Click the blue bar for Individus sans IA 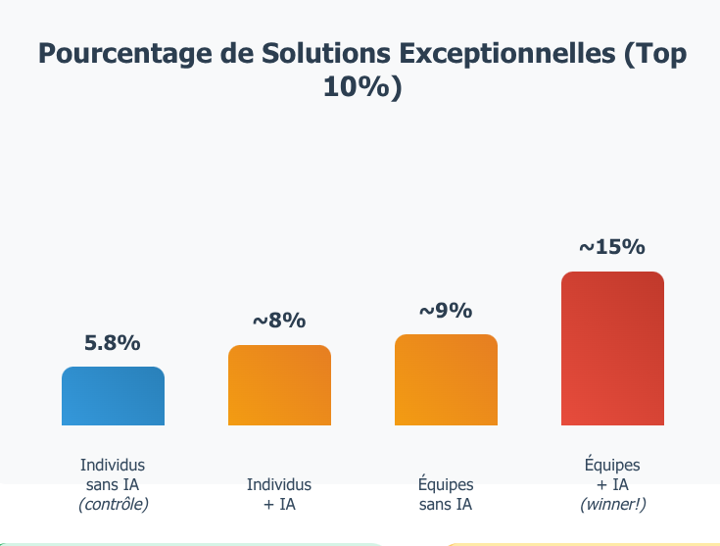pyautogui.click(x=113, y=396)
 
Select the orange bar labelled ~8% pyautogui.click(x=279, y=385)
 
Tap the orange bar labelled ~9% pyautogui.click(x=446, y=380)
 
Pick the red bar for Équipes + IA pyautogui.click(x=612, y=349)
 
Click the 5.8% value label pyautogui.click(x=113, y=343)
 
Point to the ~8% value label pyautogui.click(x=279, y=321)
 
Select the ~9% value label pyautogui.click(x=446, y=311)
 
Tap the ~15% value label pyautogui.click(x=612, y=247)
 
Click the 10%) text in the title pyautogui.click(x=361, y=87)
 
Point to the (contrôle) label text pyautogui.click(x=113, y=505)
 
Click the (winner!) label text pyautogui.click(x=612, y=505)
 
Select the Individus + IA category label pyautogui.click(x=279, y=495)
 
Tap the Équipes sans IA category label pyautogui.click(x=446, y=495)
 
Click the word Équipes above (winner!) pyautogui.click(x=612, y=465)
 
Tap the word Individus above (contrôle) pyautogui.click(x=113, y=465)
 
